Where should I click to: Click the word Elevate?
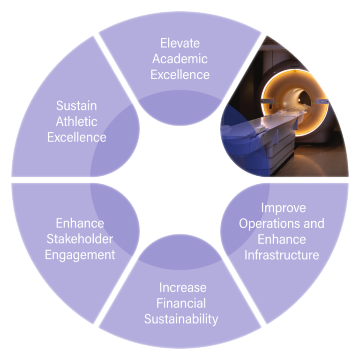tap(180, 43)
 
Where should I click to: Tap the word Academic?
tap(180, 59)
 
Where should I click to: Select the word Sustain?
tap(76, 105)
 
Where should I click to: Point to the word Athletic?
tap(76, 121)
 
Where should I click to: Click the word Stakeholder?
tap(80, 239)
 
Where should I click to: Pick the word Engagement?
tap(80, 255)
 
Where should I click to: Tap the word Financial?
tap(181, 303)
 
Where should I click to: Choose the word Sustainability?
tap(181, 319)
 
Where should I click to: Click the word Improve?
tap(283, 207)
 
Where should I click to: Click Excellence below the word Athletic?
tap(76, 137)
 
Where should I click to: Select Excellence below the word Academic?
tap(180, 75)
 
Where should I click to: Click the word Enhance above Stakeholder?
tap(80, 223)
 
